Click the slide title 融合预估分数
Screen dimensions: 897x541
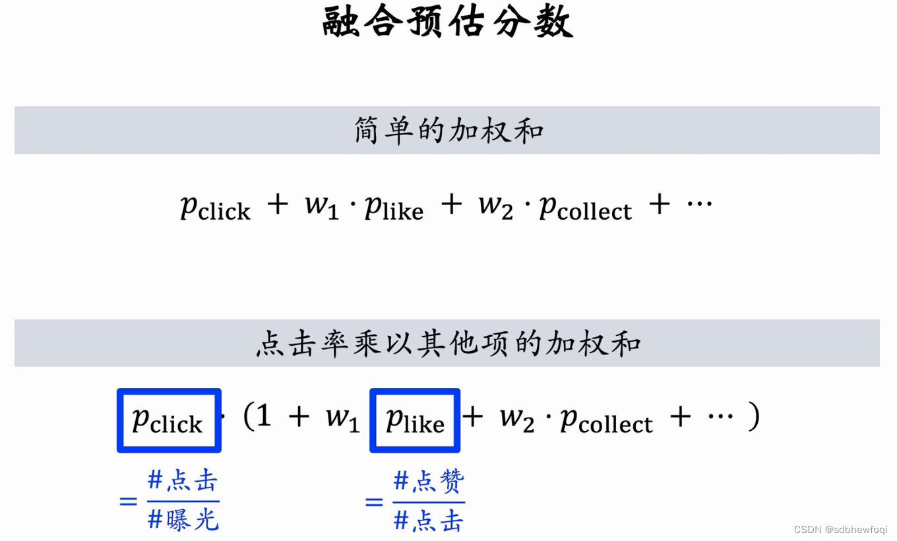[448, 23]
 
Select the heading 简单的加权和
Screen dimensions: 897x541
[448, 131]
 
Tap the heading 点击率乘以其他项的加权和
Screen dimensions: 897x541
[448, 343]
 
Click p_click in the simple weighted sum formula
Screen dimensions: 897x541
[215, 207]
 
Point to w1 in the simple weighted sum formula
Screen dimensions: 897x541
[321, 205]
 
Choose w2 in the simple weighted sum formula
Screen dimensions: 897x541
[495, 205]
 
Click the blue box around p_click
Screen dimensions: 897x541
[169, 420]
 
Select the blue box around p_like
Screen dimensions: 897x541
[415, 420]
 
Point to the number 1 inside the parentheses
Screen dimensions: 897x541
[264, 416]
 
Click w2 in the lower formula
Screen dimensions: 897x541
[516, 418]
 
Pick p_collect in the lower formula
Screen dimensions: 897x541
[606, 420]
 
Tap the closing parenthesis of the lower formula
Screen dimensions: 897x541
[754, 416]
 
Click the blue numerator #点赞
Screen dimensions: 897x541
[429, 482]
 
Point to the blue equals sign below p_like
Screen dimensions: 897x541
[374, 503]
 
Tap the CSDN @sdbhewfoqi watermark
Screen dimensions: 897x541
[840, 530]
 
